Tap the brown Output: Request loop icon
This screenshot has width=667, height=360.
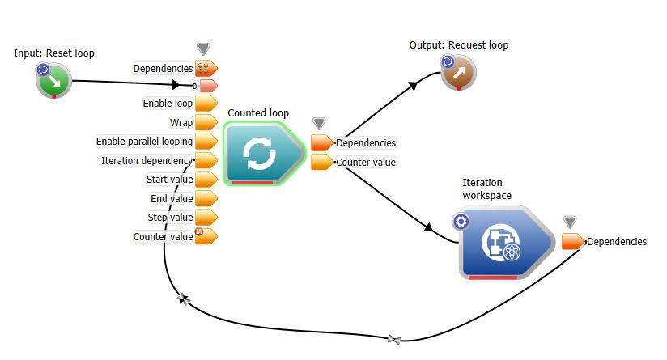tap(458, 73)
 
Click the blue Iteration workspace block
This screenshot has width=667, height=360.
tap(503, 244)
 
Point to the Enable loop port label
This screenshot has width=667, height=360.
tap(168, 104)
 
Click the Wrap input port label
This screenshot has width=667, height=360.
tap(181, 123)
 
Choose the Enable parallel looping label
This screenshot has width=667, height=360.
tap(144, 142)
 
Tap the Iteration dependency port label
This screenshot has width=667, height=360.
tap(147, 161)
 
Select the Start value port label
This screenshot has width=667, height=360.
tap(169, 180)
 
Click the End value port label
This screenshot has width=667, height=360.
tap(172, 198)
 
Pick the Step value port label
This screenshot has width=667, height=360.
tap(169, 218)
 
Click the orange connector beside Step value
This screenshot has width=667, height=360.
tap(206, 218)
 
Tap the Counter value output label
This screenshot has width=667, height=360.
tap(365, 162)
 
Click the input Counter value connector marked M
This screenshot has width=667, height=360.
tap(206, 236)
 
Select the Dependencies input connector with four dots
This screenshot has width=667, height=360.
tap(206, 69)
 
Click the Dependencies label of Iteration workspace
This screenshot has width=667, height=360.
tap(616, 241)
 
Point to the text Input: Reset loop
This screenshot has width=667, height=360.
tap(54, 53)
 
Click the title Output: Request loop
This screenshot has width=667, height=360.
tap(459, 45)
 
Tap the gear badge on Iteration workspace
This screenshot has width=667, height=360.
tap(461, 222)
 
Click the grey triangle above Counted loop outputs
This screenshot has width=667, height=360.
tap(319, 124)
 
